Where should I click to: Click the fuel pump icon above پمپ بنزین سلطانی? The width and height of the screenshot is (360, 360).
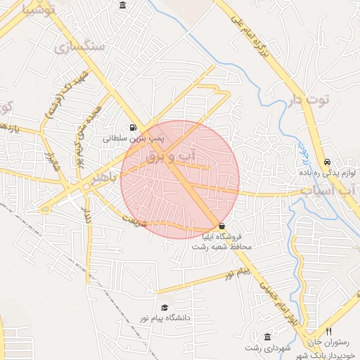click(x=134, y=128)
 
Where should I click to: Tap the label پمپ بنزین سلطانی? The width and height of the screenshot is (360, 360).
click(x=134, y=139)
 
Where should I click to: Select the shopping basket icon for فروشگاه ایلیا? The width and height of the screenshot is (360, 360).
click(x=223, y=226)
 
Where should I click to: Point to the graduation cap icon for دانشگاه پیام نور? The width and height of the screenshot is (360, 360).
click(x=165, y=307)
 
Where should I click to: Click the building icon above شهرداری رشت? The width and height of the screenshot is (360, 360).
click(x=267, y=337)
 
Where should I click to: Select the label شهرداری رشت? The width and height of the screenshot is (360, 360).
click(x=268, y=348)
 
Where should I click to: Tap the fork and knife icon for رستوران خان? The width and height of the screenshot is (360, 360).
click(x=328, y=331)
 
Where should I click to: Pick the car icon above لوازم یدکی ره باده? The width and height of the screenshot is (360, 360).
click(x=328, y=161)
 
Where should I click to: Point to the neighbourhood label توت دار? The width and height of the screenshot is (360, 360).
click(x=309, y=100)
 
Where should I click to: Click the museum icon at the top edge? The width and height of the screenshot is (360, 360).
click(x=123, y=6)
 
